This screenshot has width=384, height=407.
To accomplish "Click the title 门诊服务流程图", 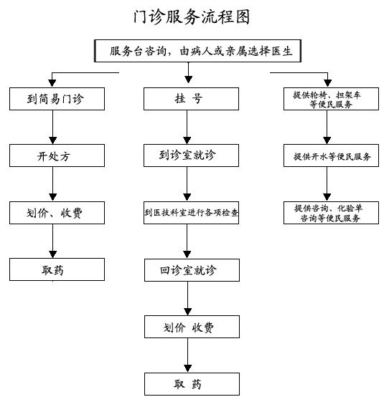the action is [192, 17].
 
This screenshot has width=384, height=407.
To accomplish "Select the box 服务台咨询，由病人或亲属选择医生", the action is [197, 51].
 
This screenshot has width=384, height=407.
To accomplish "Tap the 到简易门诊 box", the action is [57, 99].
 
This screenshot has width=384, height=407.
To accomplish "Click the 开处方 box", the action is [57, 155].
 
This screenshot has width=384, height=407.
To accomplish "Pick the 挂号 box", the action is [191, 99].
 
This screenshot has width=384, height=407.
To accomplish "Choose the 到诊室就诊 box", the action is [191, 155].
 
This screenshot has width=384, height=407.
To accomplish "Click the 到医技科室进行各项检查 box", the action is [191, 213].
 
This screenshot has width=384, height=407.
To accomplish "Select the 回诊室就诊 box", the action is [192, 270].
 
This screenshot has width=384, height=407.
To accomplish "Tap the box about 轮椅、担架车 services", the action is [331, 99].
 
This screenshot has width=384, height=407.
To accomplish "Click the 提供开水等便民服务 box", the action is [331, 155].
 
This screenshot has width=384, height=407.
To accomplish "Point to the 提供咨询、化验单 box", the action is [331, 213].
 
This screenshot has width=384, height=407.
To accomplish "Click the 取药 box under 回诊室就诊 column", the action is [192, 384].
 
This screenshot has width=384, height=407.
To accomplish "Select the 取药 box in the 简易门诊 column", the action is [57, 269].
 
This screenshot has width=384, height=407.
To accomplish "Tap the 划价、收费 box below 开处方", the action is [57, 213].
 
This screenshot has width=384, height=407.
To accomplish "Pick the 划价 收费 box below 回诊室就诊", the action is [192, 327].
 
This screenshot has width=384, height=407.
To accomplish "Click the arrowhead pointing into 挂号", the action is [188, 80].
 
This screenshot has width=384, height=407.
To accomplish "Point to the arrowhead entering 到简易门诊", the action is [52, 83].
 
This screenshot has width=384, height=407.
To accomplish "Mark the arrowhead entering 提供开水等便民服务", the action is [327, 140].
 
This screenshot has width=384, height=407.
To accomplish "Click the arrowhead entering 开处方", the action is [53, 140].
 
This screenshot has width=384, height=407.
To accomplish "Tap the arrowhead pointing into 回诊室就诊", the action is [187, 254].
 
